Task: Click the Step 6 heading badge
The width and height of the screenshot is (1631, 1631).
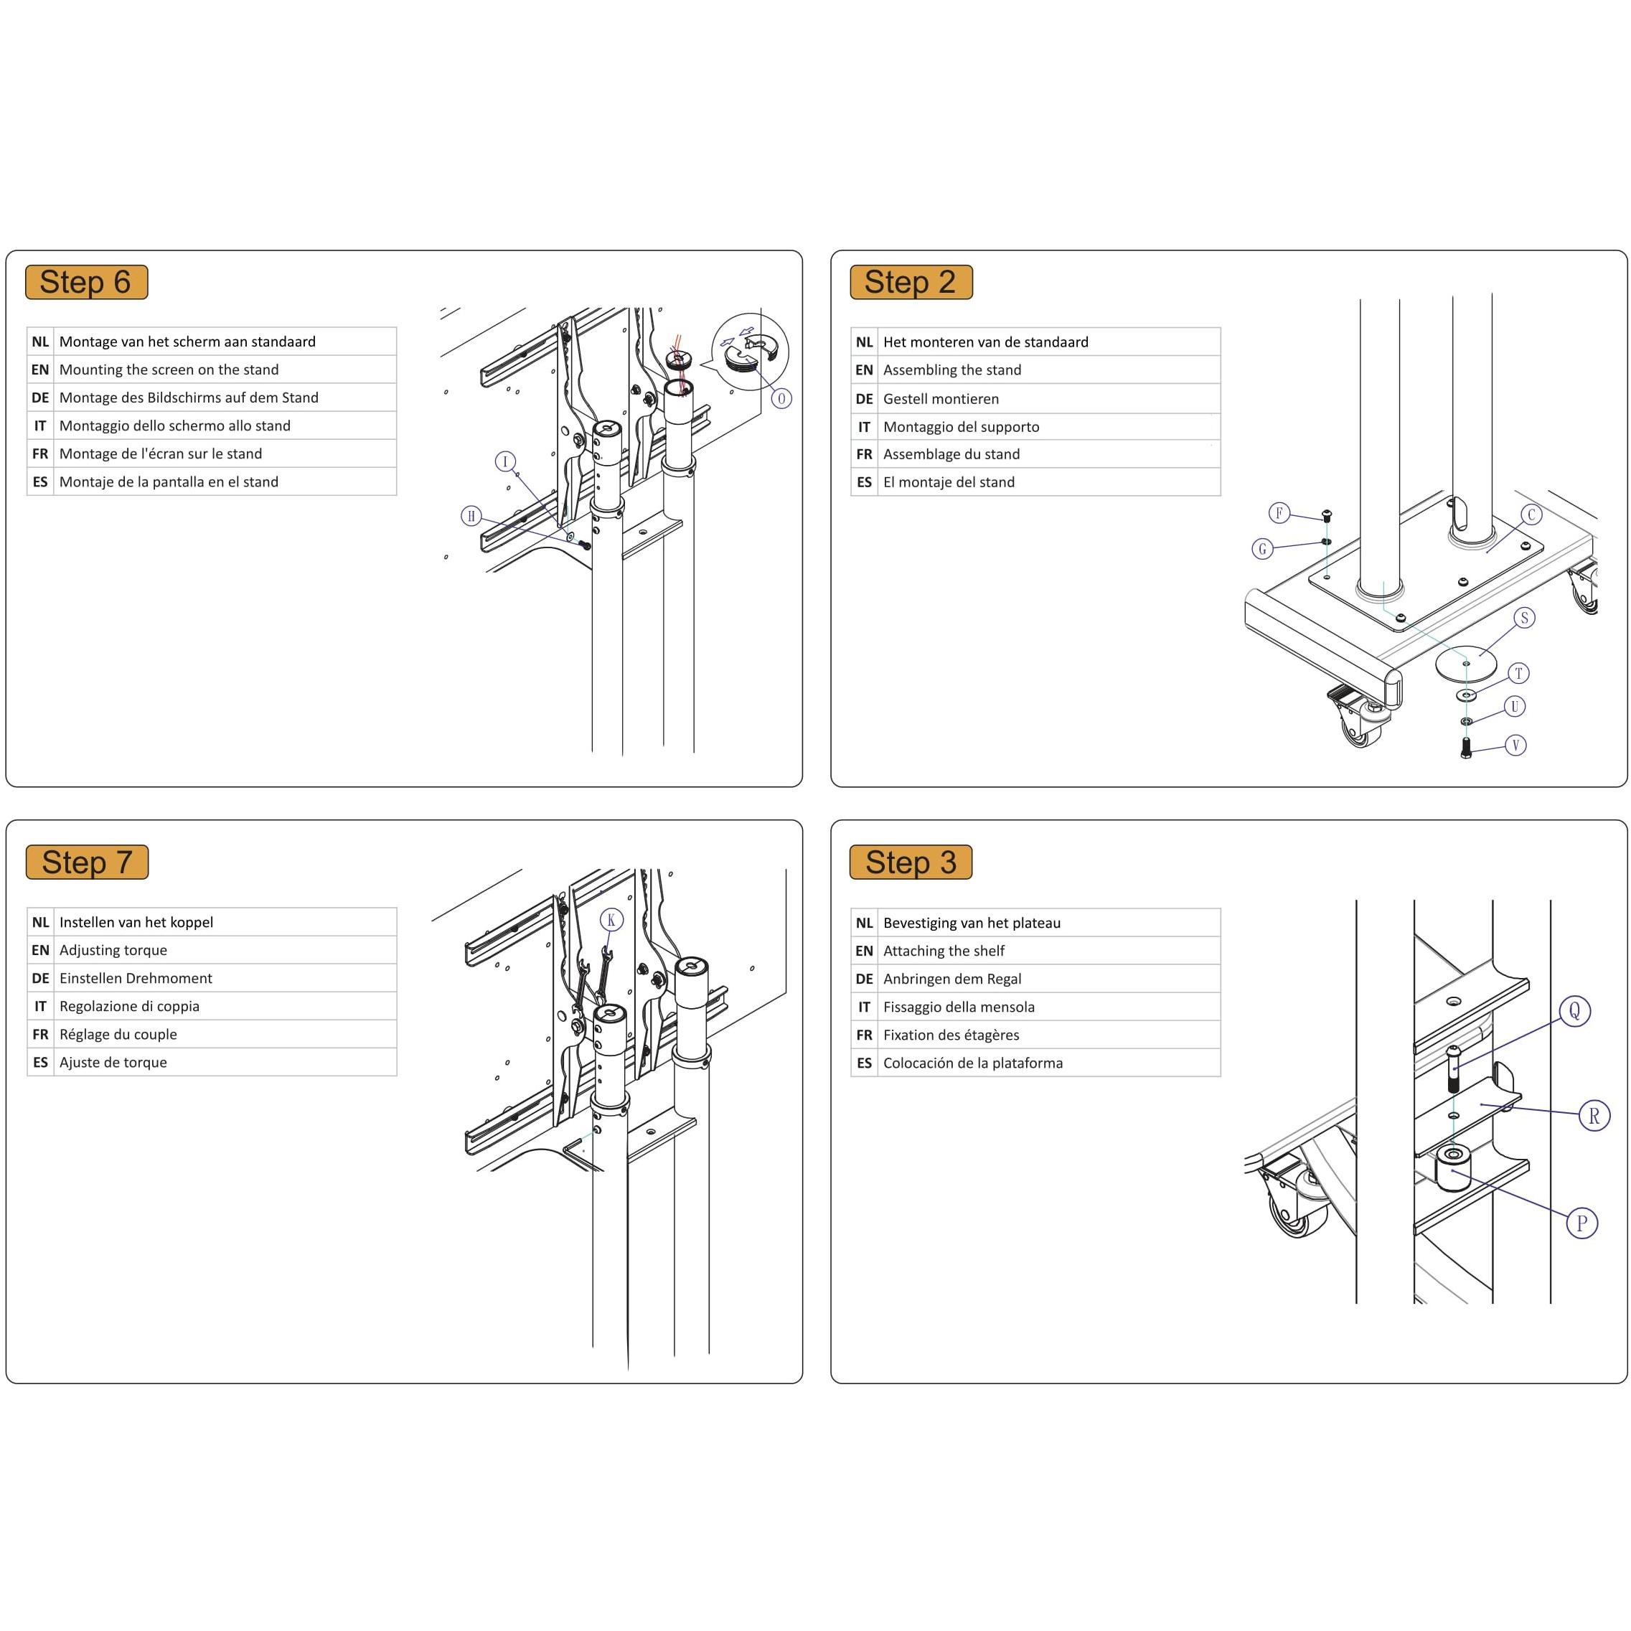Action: (x=86, y=282)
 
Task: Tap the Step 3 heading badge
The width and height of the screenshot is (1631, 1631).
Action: (x=910, y=862)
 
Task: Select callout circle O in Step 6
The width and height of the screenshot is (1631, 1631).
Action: (x=781, y=398)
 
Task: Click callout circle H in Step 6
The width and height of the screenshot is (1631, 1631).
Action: (x=471, y=516)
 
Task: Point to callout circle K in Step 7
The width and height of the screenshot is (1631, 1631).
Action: (x=611, y=919)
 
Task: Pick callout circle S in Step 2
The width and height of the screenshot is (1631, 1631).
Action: (x=1524, y=618)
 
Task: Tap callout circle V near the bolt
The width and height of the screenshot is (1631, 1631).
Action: (x=1515, y=745)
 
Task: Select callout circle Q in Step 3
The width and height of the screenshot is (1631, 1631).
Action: (x=1574, y=1010)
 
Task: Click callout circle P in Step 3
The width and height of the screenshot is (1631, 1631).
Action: (x=1581, y=1223)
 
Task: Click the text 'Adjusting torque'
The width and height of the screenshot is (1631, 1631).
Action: (x=113, y=950)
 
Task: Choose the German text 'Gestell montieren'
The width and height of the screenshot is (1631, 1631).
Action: (x=941, y=398)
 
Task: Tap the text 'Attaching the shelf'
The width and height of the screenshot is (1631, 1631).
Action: (x=943, y=951)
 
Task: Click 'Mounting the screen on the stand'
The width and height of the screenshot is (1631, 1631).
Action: (x=169, y=370)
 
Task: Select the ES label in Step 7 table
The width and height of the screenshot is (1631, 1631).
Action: (x=40, y=1062)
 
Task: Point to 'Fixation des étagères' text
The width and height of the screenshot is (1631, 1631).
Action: (x=951, y=1035)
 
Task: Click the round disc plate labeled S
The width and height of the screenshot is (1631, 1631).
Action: (x=1465, y=663)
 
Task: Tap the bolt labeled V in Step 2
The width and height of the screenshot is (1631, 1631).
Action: (x=1465, y=746)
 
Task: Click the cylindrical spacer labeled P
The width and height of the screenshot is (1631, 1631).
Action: (x=1453, y=1171)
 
